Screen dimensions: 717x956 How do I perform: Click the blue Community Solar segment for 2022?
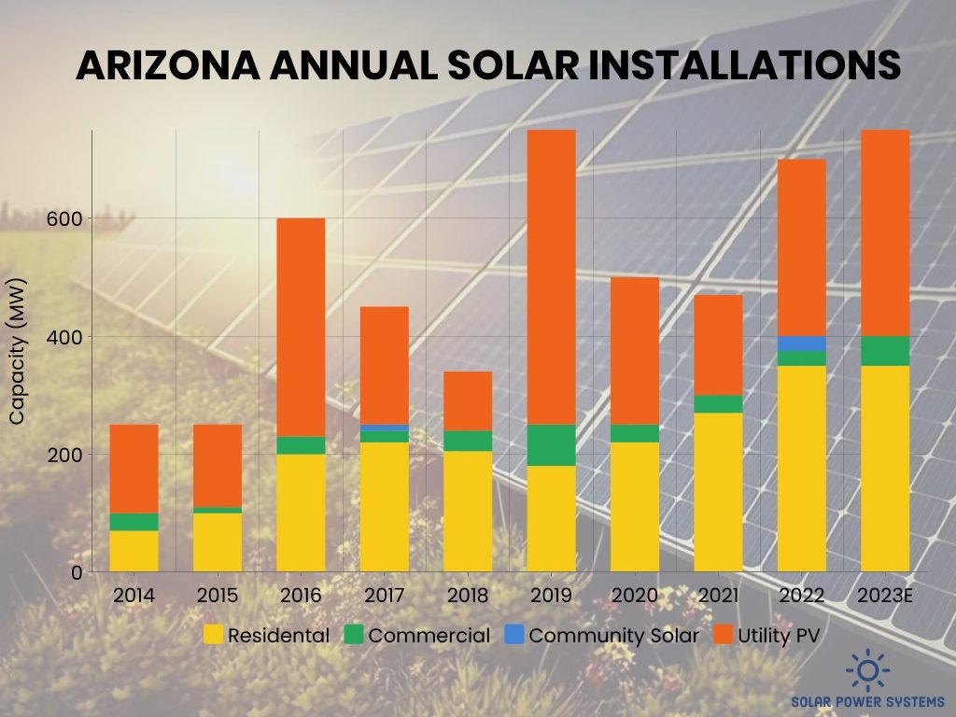801,344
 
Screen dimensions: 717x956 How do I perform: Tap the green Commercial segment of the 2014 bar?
134,522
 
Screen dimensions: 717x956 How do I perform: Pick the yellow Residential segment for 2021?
718,492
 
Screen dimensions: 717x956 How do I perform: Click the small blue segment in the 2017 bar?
384,428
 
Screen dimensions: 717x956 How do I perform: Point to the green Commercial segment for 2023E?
884,351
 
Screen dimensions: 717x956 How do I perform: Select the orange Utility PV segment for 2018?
467,401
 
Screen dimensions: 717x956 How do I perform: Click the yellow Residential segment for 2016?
301,513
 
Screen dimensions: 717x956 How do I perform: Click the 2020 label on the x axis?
634,596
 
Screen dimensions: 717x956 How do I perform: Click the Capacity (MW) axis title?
17,351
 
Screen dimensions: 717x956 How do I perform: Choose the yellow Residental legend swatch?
214,636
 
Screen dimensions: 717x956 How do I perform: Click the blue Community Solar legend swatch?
513,636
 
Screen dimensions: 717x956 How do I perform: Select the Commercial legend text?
429,636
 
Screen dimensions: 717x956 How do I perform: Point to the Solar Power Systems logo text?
868,701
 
